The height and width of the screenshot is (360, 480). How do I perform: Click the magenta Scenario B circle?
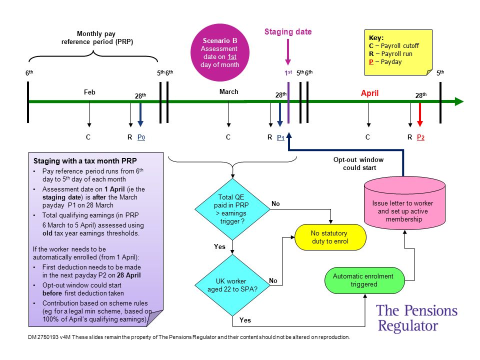click(x=220, y=52)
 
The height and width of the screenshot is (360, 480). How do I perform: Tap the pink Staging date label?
click(x=288, y=32)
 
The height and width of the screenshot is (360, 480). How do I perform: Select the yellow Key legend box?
click(x=398, y=52)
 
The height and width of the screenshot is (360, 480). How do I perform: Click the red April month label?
click(x=369, y=93)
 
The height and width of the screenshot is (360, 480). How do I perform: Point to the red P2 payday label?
click(x=420, y=137)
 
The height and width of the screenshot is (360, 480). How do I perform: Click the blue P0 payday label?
click(x=141, y=137)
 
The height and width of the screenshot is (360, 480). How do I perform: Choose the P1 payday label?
click(x=280, y=137)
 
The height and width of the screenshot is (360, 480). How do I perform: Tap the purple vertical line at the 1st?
click(x=288, y=102)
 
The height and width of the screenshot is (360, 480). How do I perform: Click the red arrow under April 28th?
click(x=420, y=114)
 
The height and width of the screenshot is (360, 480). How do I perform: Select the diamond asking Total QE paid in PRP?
click(x=232, y=209)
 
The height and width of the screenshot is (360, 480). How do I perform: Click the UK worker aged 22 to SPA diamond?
click(x=232, y=285)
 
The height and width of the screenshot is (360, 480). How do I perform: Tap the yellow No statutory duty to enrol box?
click(x=330, y=237)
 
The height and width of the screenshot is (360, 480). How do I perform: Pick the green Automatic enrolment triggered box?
click(x=364, y=280)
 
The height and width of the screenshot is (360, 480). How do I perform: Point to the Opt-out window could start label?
click(x=359, y=163)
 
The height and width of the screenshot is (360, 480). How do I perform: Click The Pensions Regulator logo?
click(x=416, y=318)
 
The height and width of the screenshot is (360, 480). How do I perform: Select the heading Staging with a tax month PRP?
click(x=85, y=161)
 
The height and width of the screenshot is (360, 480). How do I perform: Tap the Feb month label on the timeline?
click(x=89, y=92)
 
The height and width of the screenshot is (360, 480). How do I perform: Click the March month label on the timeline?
click(x=228, y=91)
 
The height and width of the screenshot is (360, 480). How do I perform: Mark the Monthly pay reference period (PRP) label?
click(x=97, y=37)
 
